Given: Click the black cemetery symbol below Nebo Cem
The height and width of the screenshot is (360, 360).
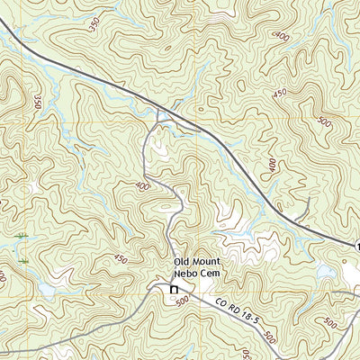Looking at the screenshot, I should tap(174, 289).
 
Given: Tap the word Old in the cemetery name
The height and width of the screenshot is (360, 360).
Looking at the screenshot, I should tap(184, 263).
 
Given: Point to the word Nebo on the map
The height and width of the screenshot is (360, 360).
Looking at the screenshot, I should tap(187, 275).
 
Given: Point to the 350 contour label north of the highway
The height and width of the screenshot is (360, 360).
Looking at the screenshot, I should tap(96, 24).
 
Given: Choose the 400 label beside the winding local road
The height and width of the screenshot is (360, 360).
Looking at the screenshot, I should tap(141, 186).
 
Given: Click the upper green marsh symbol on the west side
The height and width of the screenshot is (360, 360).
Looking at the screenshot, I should tap(20, 236).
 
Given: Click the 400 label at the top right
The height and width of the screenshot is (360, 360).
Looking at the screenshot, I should tap(283, 36).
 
